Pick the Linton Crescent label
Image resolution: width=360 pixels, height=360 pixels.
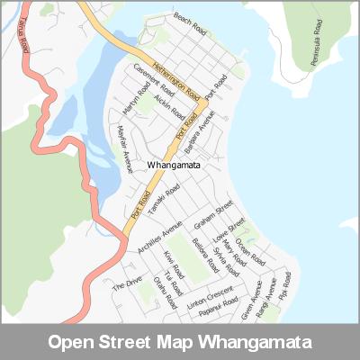click(210, 296)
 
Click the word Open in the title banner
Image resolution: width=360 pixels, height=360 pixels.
click(72, 343)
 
